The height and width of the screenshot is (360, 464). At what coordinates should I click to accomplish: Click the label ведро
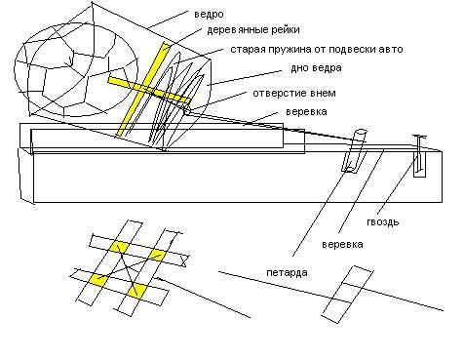tap(209, 15)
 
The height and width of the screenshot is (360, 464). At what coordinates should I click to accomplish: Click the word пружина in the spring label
tap(290, 50)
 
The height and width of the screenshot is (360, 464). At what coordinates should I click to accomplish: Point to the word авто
tap(391, 49)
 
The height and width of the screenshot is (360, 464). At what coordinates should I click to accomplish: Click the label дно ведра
tap(316, 68)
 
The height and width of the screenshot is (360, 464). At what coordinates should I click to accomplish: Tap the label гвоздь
tap(383, 221)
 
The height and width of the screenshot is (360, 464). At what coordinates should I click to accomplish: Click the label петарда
tap(287, 272)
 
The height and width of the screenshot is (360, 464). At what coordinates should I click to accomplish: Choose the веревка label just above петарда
tap(342, 244)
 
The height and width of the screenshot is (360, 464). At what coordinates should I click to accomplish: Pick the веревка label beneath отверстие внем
tap(306, 112)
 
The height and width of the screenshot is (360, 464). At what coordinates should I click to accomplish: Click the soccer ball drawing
tap(76, 68)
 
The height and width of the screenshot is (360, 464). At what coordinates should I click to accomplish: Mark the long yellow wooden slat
tap(143, 89)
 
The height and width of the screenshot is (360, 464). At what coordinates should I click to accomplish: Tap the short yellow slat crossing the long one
tap(149, 90)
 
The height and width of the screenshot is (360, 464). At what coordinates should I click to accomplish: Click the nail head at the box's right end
tap(419, 137)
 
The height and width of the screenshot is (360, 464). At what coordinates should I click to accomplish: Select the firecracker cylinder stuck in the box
tap(354, 150)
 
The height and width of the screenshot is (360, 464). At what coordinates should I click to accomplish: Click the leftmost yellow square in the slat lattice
tap(98, 280)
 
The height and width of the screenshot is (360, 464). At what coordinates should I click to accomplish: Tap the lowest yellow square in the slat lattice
tap(135, 291)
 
